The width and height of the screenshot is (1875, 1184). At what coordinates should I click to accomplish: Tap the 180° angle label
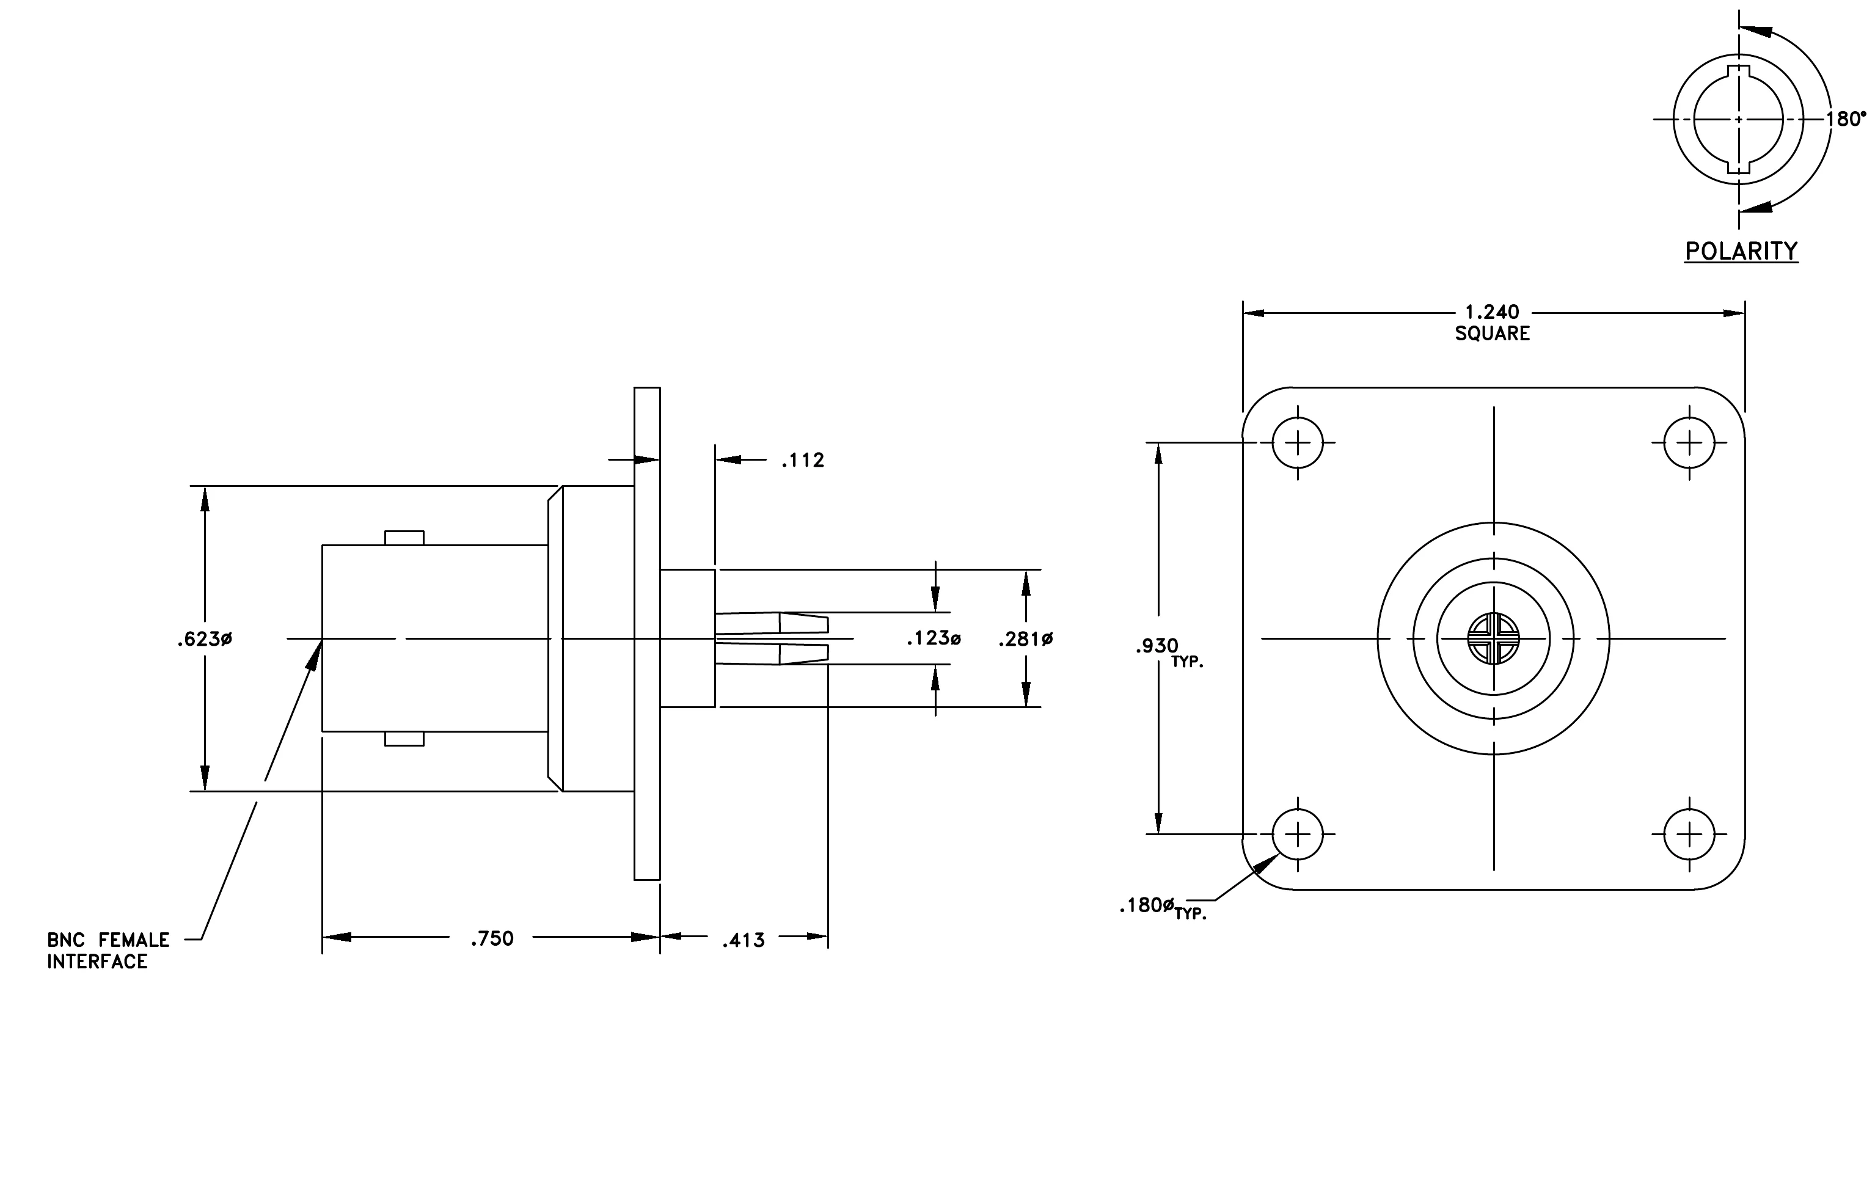tap(1846, 119)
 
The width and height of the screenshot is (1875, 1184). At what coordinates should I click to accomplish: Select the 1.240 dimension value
tap(1492, 312)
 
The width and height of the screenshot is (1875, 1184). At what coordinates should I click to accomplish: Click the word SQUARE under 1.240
tap(1492, 333)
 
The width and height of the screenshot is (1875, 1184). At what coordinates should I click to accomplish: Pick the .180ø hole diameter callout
tap(1146, 905)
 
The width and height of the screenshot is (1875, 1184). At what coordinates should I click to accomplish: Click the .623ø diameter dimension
tap(204, 639)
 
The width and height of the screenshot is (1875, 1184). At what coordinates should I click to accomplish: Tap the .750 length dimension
tap(492, 939)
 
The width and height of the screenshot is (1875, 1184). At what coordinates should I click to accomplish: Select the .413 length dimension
tap(743, 940)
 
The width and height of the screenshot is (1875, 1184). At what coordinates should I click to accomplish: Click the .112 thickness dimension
tap(803, 460)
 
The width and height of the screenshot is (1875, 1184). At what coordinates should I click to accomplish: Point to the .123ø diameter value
tap(934, 638)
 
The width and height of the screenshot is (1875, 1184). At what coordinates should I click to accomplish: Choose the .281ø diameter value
tap(1026, 639)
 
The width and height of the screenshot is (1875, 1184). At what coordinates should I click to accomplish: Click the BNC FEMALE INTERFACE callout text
tap(108, 951)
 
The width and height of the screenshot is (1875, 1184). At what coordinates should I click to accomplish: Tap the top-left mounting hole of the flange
tap(1297, 443)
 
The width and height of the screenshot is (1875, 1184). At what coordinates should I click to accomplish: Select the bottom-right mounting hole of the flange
tap(1689, 835)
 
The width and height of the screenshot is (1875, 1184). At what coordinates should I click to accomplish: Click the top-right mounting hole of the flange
tap(1689, 443)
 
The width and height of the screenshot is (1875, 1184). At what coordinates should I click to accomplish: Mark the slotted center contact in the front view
tap(1493, 638)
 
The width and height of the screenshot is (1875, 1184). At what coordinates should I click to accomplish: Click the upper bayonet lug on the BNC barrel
tap(404, 538)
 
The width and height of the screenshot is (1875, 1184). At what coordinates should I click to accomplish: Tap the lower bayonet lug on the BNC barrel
tap(404, 739)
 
